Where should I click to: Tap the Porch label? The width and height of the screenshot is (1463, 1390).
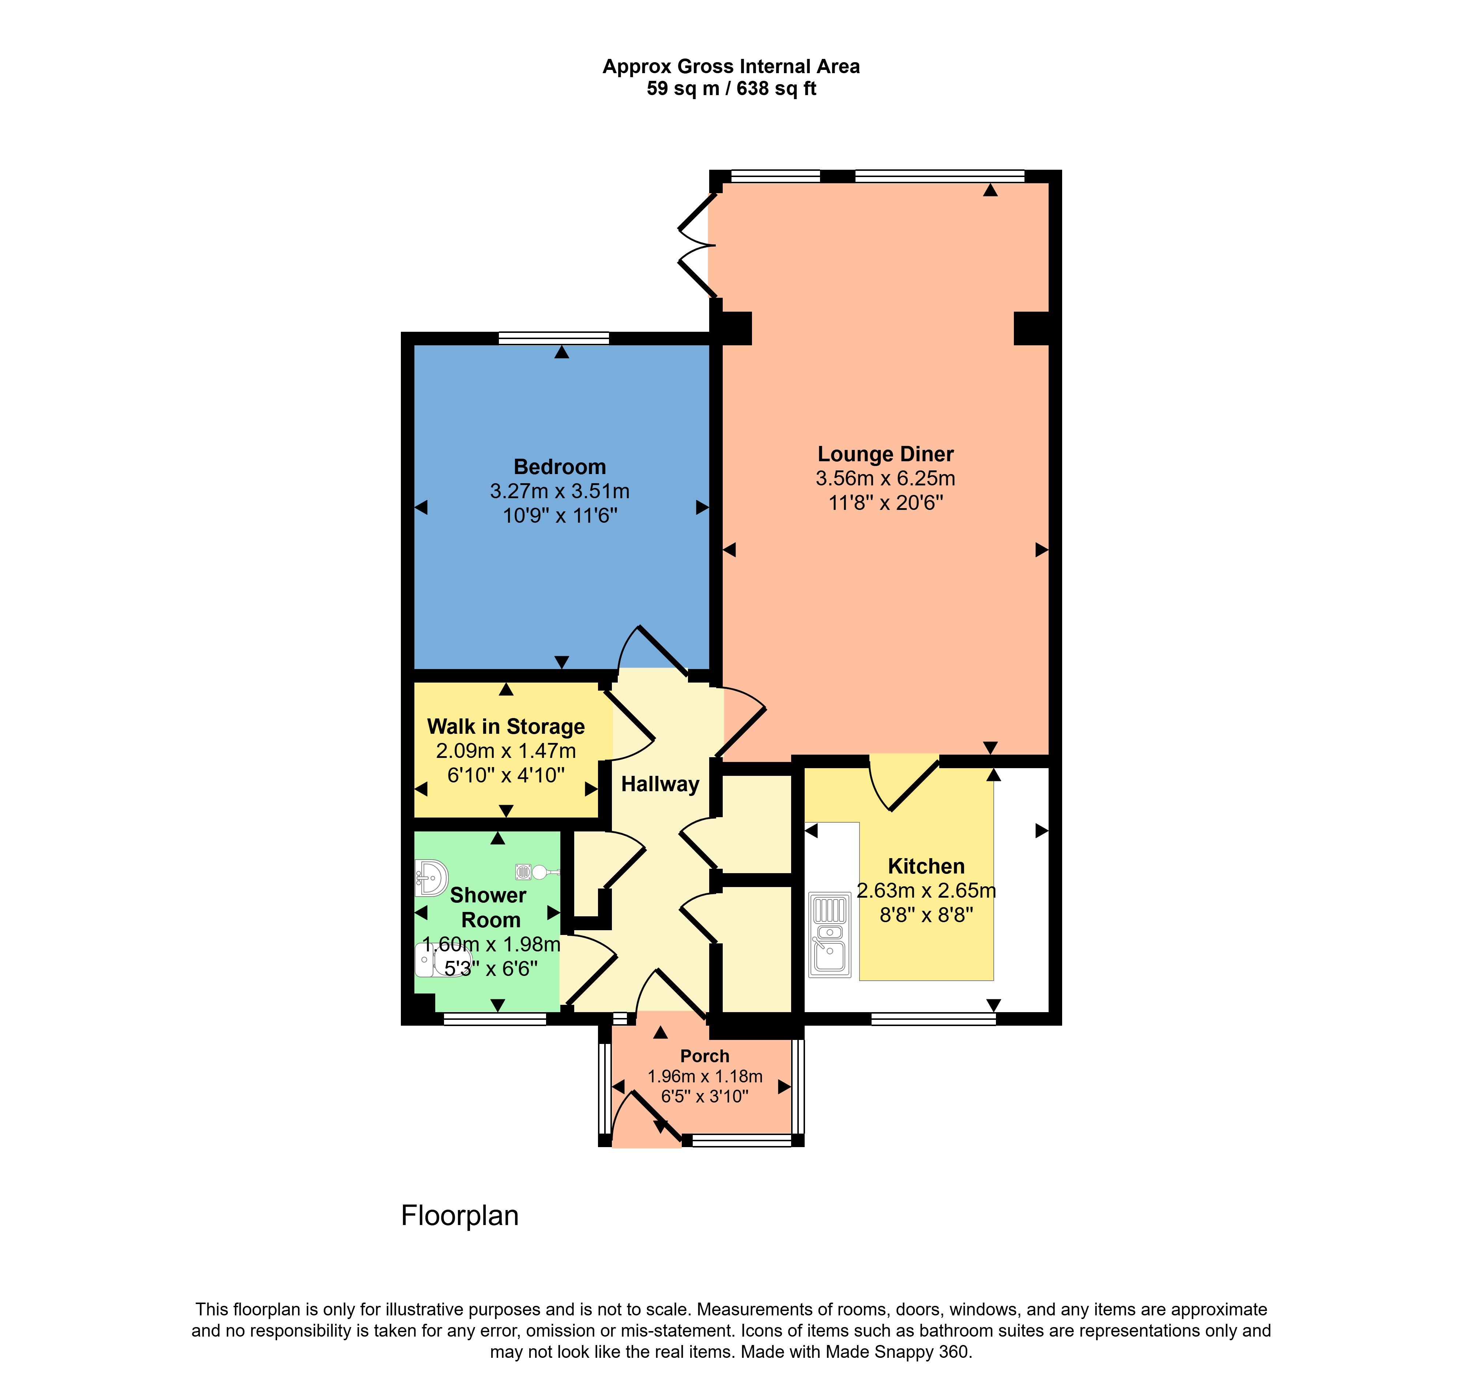(704, 1056)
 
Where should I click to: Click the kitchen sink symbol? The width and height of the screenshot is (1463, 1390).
(830, 935)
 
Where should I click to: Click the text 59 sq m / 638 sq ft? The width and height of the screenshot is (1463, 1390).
(731, 89)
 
